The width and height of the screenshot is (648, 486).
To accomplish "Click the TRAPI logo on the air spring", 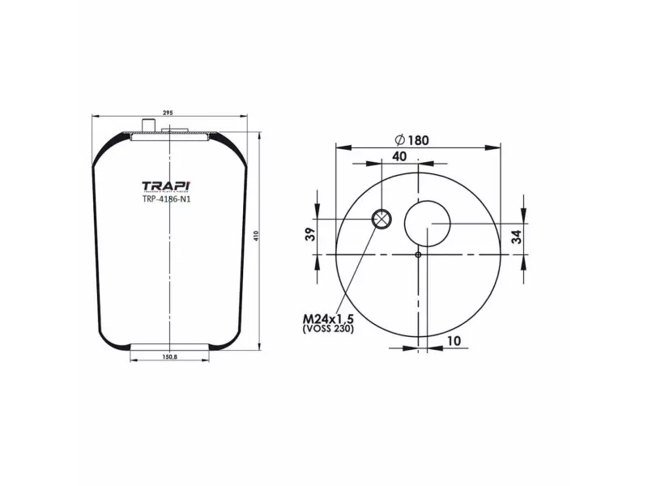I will pos(167,185).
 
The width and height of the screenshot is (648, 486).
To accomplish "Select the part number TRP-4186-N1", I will pos(167,200).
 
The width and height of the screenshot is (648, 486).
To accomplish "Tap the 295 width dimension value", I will pos(168,113).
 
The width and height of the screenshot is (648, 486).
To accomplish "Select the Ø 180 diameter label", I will pos(412,139).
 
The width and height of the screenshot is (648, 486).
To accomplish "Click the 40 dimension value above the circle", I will pos(399,156).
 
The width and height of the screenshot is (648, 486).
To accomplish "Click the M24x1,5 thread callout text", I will pos(328,320).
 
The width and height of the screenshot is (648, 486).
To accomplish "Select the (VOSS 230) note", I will pos(328,330).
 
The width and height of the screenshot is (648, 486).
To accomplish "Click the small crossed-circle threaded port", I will pos(381,219).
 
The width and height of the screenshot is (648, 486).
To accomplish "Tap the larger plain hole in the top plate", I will pos(427,223).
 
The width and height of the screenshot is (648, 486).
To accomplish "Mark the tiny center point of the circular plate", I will pos(417,255).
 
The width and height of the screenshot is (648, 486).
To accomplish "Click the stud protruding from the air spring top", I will pos(148,124).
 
